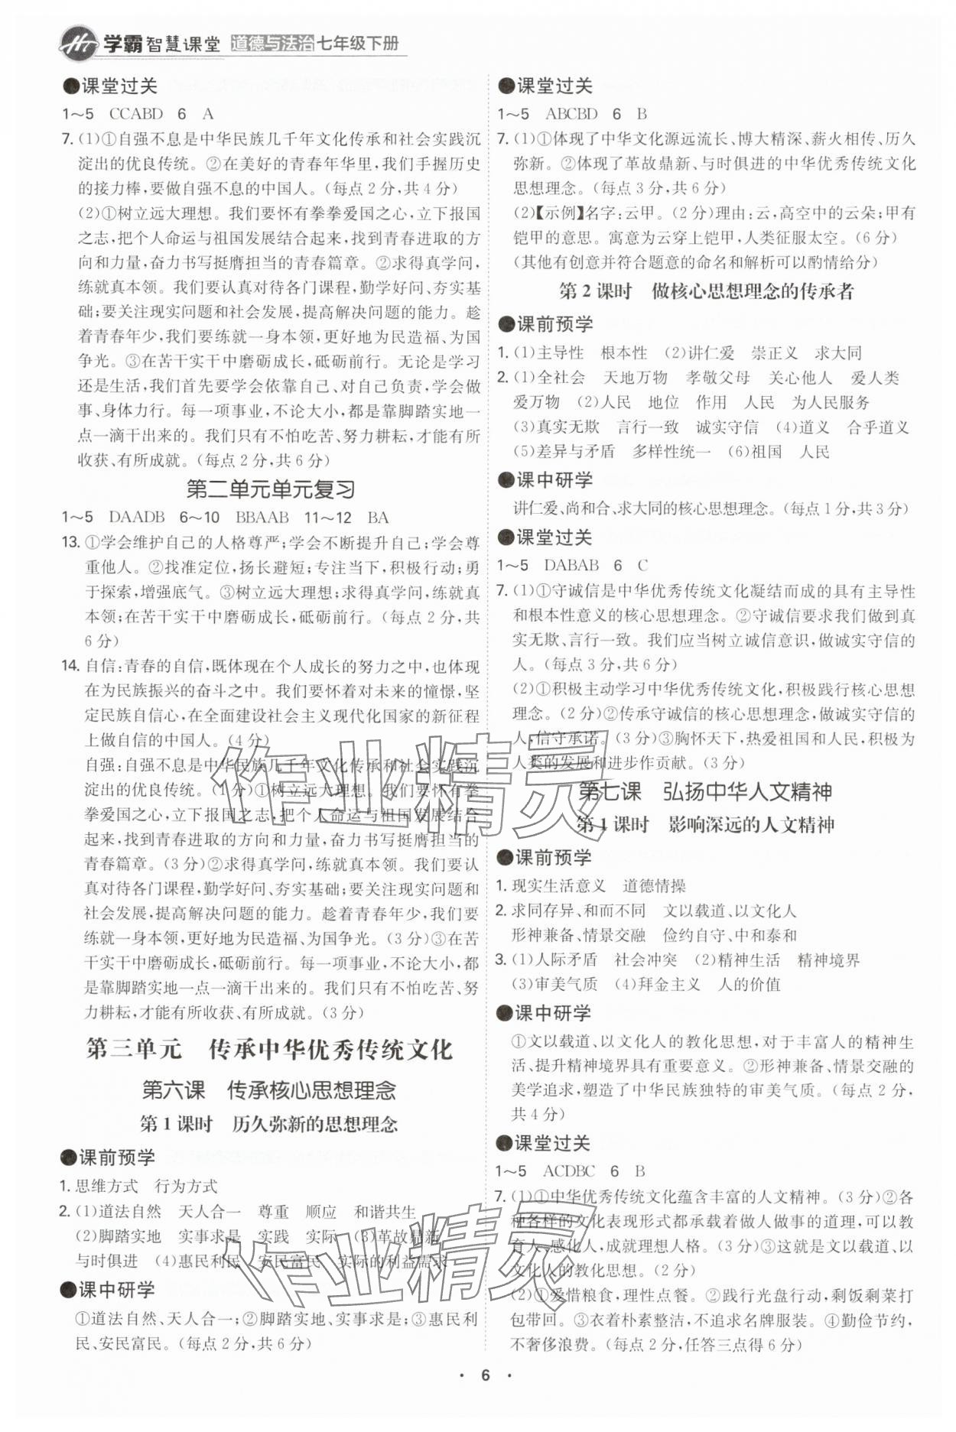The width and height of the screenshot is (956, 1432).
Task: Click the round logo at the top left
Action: (78, 43)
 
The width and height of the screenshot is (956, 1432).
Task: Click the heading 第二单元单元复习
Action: (271, 489)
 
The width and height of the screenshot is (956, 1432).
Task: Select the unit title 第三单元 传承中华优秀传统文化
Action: (269, 1049)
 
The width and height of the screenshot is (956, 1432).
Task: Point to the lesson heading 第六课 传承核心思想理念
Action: (269, 1089)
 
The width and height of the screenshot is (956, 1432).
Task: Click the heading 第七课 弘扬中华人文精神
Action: (704, 791)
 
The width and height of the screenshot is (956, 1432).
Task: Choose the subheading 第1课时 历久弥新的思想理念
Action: (269, 1124)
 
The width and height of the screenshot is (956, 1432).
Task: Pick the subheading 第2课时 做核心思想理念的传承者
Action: (706, 291)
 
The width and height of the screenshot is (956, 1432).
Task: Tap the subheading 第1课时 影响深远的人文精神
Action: (704, 825)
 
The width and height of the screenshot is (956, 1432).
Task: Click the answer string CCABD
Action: (136, 114)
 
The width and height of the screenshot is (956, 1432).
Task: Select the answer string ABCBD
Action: (571, 114)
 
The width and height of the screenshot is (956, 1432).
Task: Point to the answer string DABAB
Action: (571, 565)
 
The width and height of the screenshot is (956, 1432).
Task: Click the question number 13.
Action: (70, 543)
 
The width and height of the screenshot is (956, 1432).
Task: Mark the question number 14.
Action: (70, 666)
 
